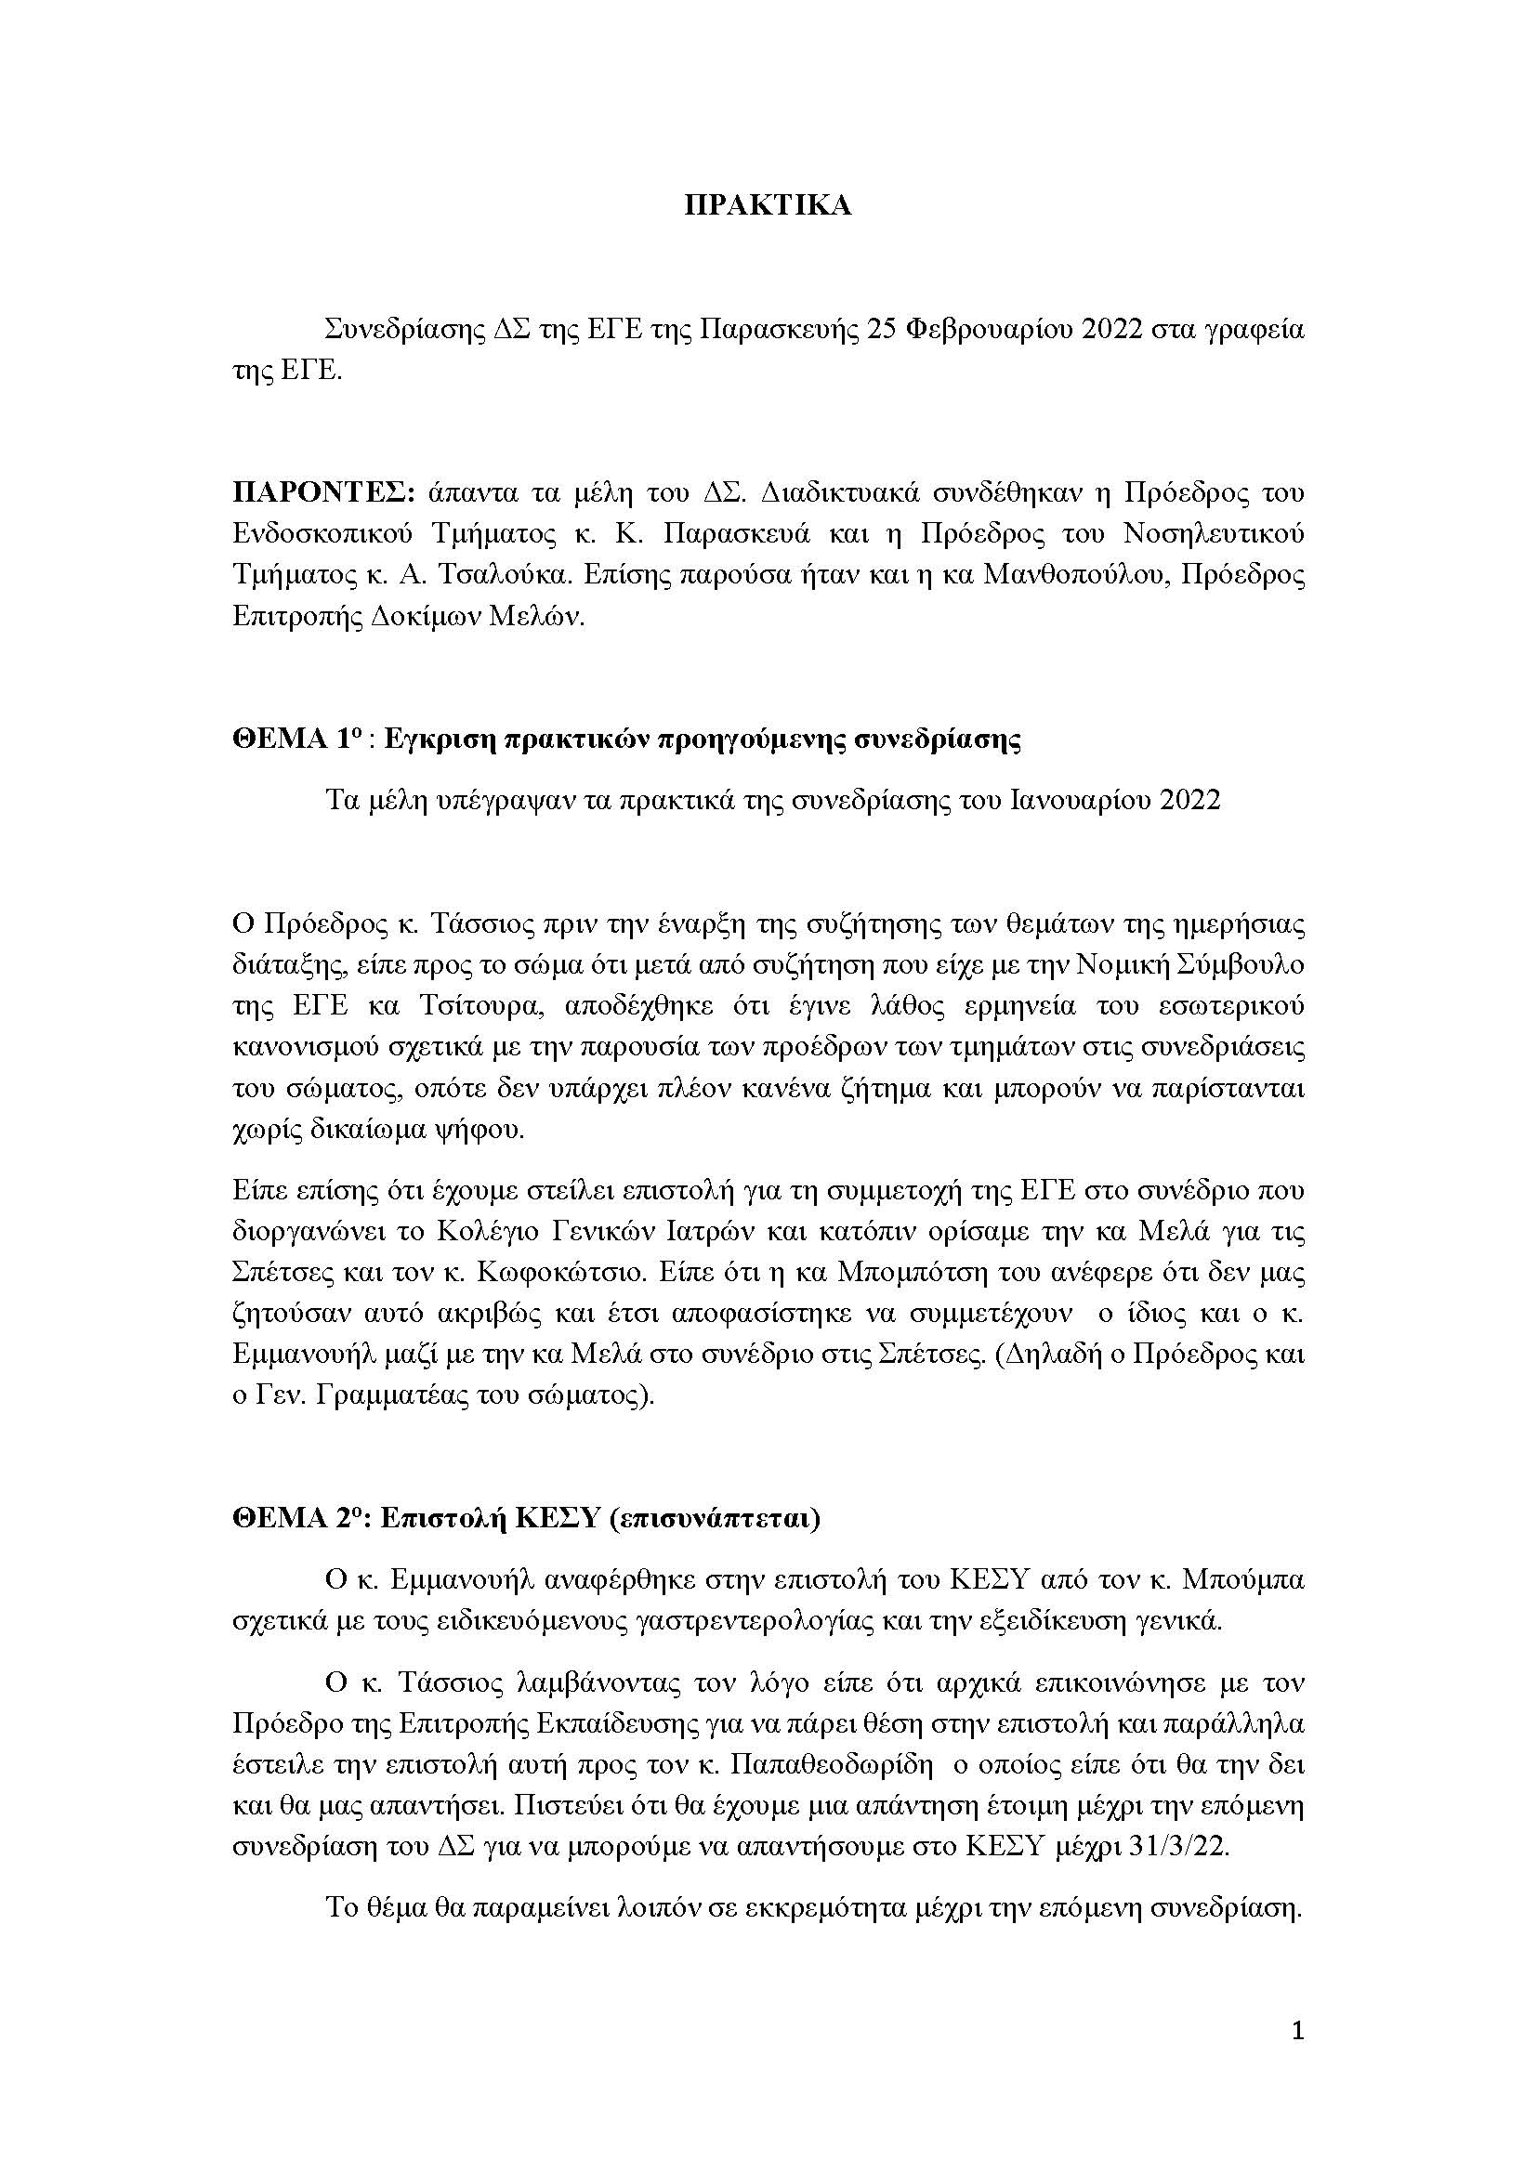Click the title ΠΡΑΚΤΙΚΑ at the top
click(x=768, y=206)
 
